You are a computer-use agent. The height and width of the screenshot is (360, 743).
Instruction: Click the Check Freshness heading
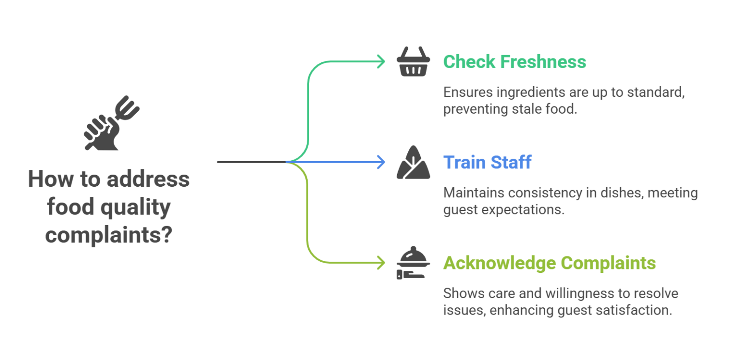tap(515, 62)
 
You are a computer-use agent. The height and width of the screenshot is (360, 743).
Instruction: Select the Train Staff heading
tap(487, 162)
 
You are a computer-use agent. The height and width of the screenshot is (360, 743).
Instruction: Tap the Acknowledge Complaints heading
tap(550, 263)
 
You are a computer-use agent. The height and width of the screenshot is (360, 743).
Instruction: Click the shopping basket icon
tap(413, 62)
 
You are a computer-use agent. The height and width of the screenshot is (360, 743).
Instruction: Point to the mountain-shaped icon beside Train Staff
tap(413, 163)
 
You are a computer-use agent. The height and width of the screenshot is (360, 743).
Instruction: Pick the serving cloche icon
tap(413, 263)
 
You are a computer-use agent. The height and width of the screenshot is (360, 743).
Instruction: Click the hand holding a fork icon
tap(111, 123)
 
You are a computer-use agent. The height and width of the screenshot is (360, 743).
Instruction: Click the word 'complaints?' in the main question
tap(109, 235)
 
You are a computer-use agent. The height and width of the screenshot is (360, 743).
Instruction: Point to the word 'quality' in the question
tap(135, 208)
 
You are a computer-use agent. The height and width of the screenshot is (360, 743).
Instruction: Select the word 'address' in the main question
tap(148, 179)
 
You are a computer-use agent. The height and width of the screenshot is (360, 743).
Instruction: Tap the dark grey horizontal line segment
tap(252, 162)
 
